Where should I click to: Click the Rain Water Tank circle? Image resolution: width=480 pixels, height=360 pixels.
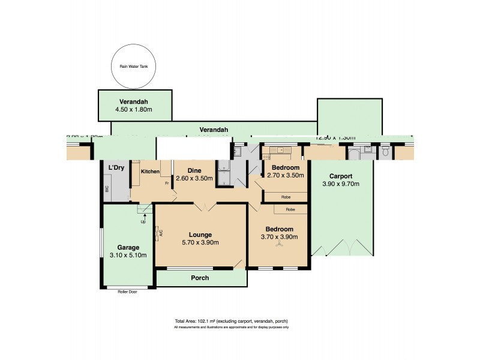pyautogui.click(x=134, y=66)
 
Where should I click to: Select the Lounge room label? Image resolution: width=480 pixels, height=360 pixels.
pyautogui.click(x=200, y=235)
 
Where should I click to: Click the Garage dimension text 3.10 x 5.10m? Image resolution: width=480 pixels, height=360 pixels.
pyautogui.click(x=128, y=255)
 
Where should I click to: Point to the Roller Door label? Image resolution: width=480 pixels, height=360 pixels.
pyautogui.click(x=128, y=292)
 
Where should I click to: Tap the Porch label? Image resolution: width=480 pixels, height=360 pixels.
pyautogui.click(x=200, y=278)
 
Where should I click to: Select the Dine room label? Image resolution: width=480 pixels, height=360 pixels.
pyautogui.click(x=193, y=170)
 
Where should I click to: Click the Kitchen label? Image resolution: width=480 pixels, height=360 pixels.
pyautogui.click(x=150, y=172)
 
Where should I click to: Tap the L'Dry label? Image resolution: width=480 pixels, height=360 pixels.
pyautogui.click(x=116, y=167)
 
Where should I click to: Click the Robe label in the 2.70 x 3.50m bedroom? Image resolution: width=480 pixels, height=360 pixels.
pyautogui.click(x=286, y=196)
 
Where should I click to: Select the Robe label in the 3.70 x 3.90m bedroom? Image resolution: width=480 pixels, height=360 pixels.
pyautogui.click(x=290, y=209)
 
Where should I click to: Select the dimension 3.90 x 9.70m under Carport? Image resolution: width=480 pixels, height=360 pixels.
pyautogui.click(x=341, y=184)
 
